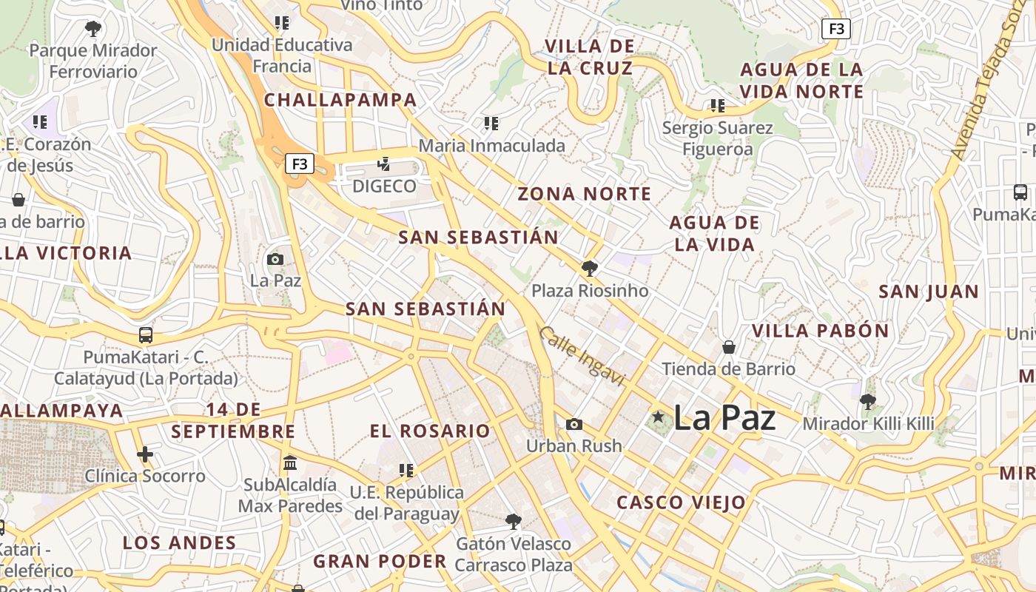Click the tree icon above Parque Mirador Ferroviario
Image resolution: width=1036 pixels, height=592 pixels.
click(x=93, y=29)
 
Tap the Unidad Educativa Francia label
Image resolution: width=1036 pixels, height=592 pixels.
click(x=282, y=55)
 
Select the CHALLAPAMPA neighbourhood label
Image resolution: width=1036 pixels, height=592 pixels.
click(x=340, y=100)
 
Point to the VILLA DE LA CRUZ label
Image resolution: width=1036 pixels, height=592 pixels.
click(x=590, y=57)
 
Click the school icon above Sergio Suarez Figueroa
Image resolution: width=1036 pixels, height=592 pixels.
click(x=717, y=106)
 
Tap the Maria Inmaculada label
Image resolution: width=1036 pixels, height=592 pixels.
click(x=491, y=146)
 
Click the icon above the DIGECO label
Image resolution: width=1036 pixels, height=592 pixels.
click(x=383, y=164)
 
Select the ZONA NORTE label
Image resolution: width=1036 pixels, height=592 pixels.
click(x=585, y=194)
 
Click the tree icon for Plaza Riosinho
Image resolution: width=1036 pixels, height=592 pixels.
click(x=590, y=268)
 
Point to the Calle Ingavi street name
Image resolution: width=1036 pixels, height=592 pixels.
click(x=582, y=356)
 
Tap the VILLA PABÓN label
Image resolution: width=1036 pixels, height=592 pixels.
click(x=820, y=331)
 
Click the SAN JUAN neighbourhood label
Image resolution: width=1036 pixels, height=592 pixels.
click(x=929, y=292)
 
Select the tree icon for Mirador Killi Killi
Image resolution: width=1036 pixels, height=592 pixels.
click(x=868, y=402)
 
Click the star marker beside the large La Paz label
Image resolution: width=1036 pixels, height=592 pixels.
click(x=658, y=417)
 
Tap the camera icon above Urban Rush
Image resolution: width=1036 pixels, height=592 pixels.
click(x=573, y=424)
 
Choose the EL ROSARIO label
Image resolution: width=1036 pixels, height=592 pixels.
click(x=430, y=431)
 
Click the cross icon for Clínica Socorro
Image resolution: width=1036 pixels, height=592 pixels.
click(x=145, y=454)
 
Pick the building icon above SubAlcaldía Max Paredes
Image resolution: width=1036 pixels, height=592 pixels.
click(x=290, y=463)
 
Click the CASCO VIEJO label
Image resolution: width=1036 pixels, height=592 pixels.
click(x=682, y=502)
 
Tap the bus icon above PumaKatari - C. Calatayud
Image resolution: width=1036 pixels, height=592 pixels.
click(x=146, y=335)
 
